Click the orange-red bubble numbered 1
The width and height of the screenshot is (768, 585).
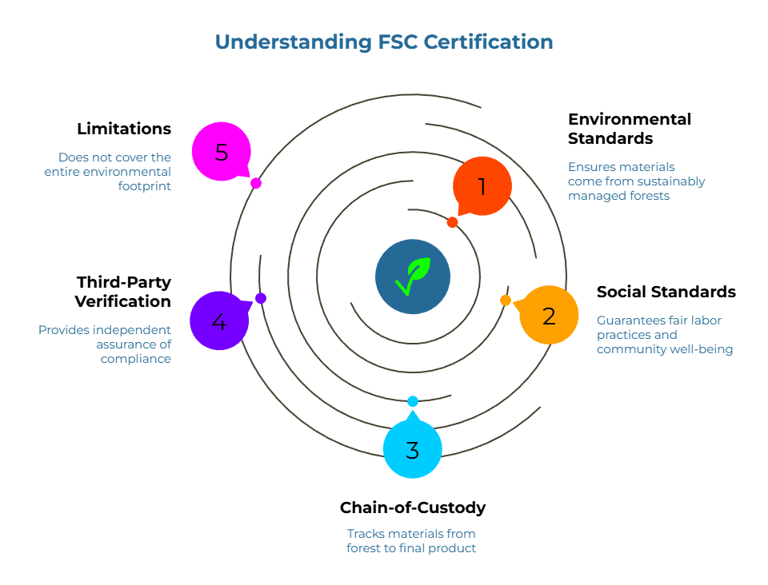[482, 186]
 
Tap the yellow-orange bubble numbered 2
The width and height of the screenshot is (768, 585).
[549, 316]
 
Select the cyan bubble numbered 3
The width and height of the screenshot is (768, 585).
[412, 450]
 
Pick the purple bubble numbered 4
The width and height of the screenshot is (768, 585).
[219, 321]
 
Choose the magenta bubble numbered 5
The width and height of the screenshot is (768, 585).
[222, 152]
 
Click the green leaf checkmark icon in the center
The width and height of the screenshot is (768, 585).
[413, 277]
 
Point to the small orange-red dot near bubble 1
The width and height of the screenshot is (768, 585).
[452, 222]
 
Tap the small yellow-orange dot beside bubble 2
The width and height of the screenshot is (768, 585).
[506, 300]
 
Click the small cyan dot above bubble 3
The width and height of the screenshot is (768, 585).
[413, 401]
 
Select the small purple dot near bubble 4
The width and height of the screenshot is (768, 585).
[261, 298]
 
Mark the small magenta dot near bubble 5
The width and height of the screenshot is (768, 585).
[256, 183]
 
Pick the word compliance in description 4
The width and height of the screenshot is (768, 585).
[136, 359]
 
